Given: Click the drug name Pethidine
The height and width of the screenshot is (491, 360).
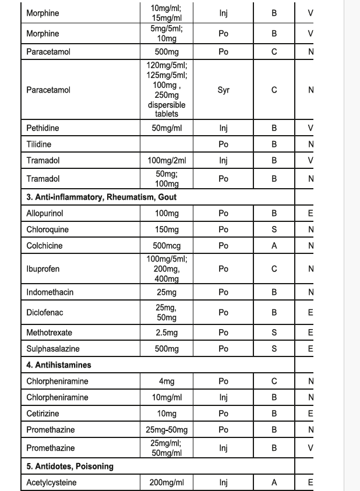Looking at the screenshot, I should (43, 128).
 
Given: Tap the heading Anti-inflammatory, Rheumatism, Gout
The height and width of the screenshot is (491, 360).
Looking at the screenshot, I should (101, 197).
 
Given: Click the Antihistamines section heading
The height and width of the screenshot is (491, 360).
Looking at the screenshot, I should (59, 365).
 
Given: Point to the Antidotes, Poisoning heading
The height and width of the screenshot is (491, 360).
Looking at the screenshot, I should (70, 467).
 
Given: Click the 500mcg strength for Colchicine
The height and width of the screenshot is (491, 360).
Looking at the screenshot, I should (167, 246).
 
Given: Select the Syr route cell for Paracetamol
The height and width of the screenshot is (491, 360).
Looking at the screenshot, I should (223, 90).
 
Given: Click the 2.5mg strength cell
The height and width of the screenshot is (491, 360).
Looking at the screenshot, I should (167, 333).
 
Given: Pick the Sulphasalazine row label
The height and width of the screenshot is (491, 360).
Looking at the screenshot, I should (53, 349).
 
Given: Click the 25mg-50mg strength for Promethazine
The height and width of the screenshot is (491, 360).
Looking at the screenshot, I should (167, 430).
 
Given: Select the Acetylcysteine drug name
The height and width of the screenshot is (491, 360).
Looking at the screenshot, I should (51, 483).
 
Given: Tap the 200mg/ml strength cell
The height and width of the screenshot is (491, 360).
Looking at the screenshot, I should (167, 483).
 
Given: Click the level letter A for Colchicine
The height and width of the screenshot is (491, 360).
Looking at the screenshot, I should (274, 246).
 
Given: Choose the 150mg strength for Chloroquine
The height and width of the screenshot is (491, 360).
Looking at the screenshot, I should (167, 229).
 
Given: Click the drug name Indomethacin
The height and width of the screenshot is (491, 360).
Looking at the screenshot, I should (50, 292).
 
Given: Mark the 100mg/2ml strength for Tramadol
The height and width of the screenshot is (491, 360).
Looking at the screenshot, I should (167, 160).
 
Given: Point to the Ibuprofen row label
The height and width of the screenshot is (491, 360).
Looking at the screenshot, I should (43, 269).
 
